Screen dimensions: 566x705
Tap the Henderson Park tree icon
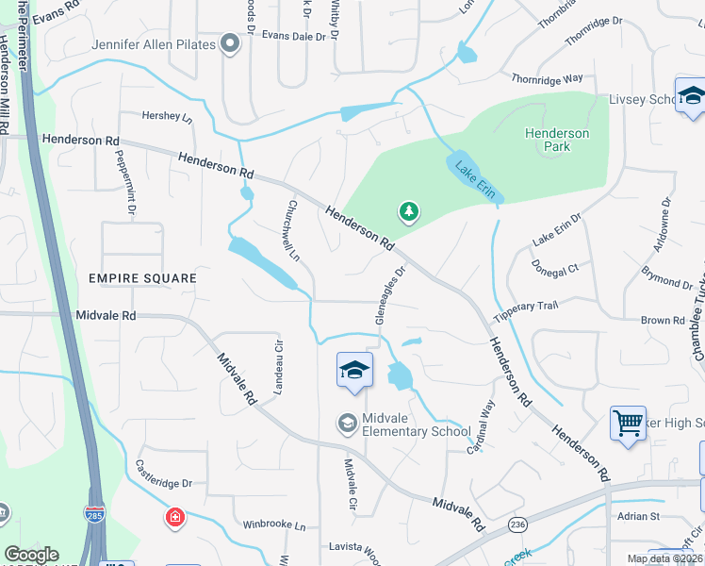click(408, 211)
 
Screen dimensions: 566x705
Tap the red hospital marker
click(174, 517)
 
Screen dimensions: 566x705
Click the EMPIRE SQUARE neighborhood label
click(142, 278)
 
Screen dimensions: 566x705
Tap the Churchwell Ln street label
click(293, 230)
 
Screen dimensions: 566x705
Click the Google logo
click(31, 555)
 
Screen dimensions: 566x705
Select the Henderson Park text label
click(556, 141)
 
